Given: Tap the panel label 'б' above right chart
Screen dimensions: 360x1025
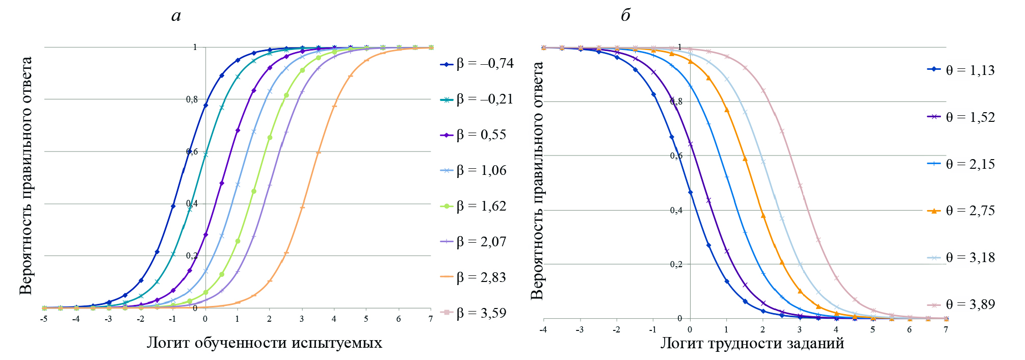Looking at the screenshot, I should click(625, 15).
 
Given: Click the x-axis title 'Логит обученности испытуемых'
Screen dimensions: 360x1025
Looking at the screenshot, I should click(264, 342).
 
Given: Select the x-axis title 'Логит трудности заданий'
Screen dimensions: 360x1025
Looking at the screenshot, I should click(752, 343).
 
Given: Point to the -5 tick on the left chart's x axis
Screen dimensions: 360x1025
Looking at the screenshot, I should click(44, 319).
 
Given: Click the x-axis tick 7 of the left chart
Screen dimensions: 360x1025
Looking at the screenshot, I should click(431, 319).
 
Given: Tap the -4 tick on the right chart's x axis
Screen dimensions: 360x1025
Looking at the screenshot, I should click(543, 330).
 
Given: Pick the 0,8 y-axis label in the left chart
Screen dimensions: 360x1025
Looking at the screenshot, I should click(192, 99).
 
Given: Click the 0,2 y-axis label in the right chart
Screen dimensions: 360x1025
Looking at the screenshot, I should click(676, 264).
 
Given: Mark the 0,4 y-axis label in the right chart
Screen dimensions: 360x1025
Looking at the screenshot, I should click(676, 210).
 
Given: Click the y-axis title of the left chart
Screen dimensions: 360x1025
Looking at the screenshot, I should click(25, 176).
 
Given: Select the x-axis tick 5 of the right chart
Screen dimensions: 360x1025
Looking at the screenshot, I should click(873, 330).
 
